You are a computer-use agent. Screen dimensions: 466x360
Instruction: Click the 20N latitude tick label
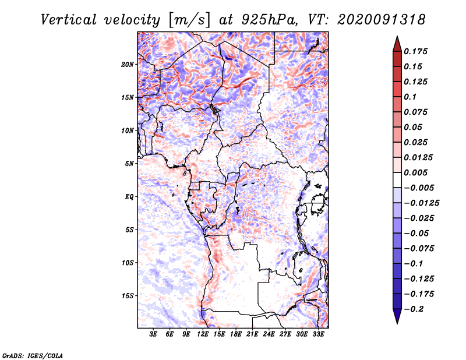tap(128, 65)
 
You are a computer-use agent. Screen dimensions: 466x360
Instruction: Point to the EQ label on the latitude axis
tap(129, 197)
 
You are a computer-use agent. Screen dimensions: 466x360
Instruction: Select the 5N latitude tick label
tap(129, 164)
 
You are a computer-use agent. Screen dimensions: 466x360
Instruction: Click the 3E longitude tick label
tap(153, 334)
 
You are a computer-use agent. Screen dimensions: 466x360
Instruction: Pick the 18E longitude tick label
tap(236, 334)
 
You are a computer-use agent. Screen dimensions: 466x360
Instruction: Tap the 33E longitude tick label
tap(318, 334)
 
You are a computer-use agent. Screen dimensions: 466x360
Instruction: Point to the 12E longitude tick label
tap(203, 334)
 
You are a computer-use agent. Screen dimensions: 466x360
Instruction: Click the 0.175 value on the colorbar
tap(415, 51)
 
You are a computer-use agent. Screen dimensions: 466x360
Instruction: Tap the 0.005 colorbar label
tap(415, 172)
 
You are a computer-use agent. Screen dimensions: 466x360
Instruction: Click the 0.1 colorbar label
tap(410, 97)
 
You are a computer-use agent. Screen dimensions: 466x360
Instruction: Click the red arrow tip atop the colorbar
tap(397, 36)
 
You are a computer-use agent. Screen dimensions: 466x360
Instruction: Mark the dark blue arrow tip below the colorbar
tap(397, 323)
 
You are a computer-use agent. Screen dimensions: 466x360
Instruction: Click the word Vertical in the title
tap(68, 20)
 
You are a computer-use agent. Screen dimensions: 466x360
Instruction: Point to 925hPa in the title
tap(269, 20)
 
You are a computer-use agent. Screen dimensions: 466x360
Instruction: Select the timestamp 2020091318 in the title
tap(382, 20)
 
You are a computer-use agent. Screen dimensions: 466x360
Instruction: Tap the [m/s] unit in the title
tap(189, 20)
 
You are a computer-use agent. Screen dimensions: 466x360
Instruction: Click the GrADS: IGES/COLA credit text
tap(33, 356)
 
